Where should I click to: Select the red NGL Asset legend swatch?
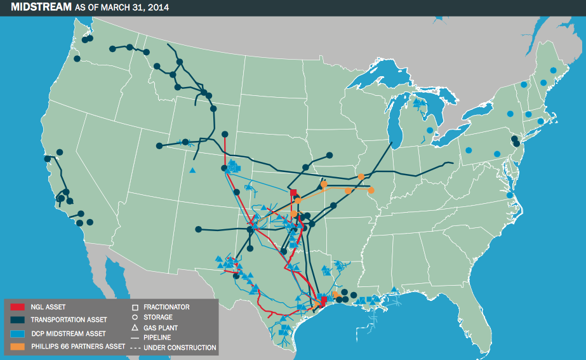point(17,307)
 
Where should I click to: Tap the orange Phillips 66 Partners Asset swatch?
point(17,347)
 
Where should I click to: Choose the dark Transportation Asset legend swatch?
point(17,321)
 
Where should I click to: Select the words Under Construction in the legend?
point(180,348)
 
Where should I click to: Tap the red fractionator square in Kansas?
point(293,192)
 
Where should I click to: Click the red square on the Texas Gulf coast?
point(324,300)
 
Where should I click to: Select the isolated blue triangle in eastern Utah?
point(192,170)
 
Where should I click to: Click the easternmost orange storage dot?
point(371,190)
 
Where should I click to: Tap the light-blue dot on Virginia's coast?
point(510,195)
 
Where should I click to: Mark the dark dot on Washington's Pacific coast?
point(77,59)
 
